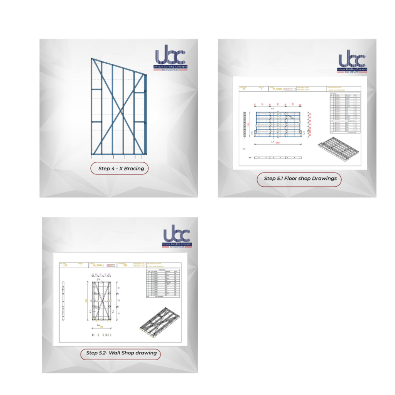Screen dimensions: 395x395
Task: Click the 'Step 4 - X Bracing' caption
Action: coord(119,169)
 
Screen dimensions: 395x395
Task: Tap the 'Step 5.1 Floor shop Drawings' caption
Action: coord(299,179)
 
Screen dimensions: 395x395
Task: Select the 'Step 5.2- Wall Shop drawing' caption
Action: coord(121,353)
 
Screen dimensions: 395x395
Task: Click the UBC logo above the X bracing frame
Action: coord(171,60)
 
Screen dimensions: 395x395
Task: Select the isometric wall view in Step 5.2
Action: coord(159,321)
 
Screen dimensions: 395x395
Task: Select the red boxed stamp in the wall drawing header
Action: coord(111,265)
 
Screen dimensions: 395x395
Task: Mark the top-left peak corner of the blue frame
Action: coord(92,59)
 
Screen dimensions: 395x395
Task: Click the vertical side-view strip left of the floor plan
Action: coord(245,124)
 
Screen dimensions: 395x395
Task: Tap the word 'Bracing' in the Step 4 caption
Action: coord(133,169)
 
